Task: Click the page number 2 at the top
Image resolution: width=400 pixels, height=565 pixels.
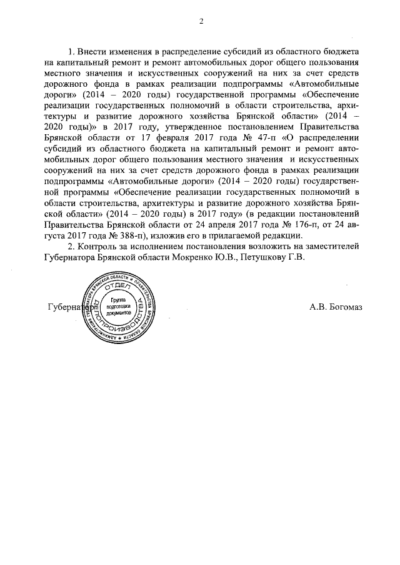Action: pyautogui.click(x=201, y=22)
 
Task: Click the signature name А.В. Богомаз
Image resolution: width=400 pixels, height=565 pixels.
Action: pyautogui.click(x=336, y=307)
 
